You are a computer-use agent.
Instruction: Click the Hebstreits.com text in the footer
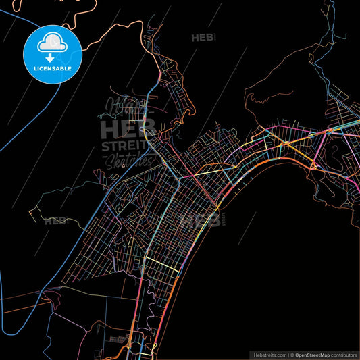tap(269, 355)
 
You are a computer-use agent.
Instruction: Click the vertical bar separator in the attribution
tap(288, 355)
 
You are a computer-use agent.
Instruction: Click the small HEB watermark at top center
tap(203, 38)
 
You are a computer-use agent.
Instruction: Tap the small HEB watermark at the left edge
tap(54, 220)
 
